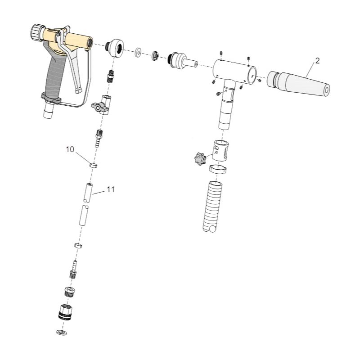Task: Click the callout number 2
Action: point(317,61)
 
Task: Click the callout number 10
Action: point(70,149)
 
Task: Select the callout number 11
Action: point(111,189)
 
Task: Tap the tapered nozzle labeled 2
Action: point(298,84)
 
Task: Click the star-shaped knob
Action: point(200,158)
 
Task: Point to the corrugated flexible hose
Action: point(212,206)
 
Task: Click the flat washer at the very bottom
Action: point(62,332)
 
